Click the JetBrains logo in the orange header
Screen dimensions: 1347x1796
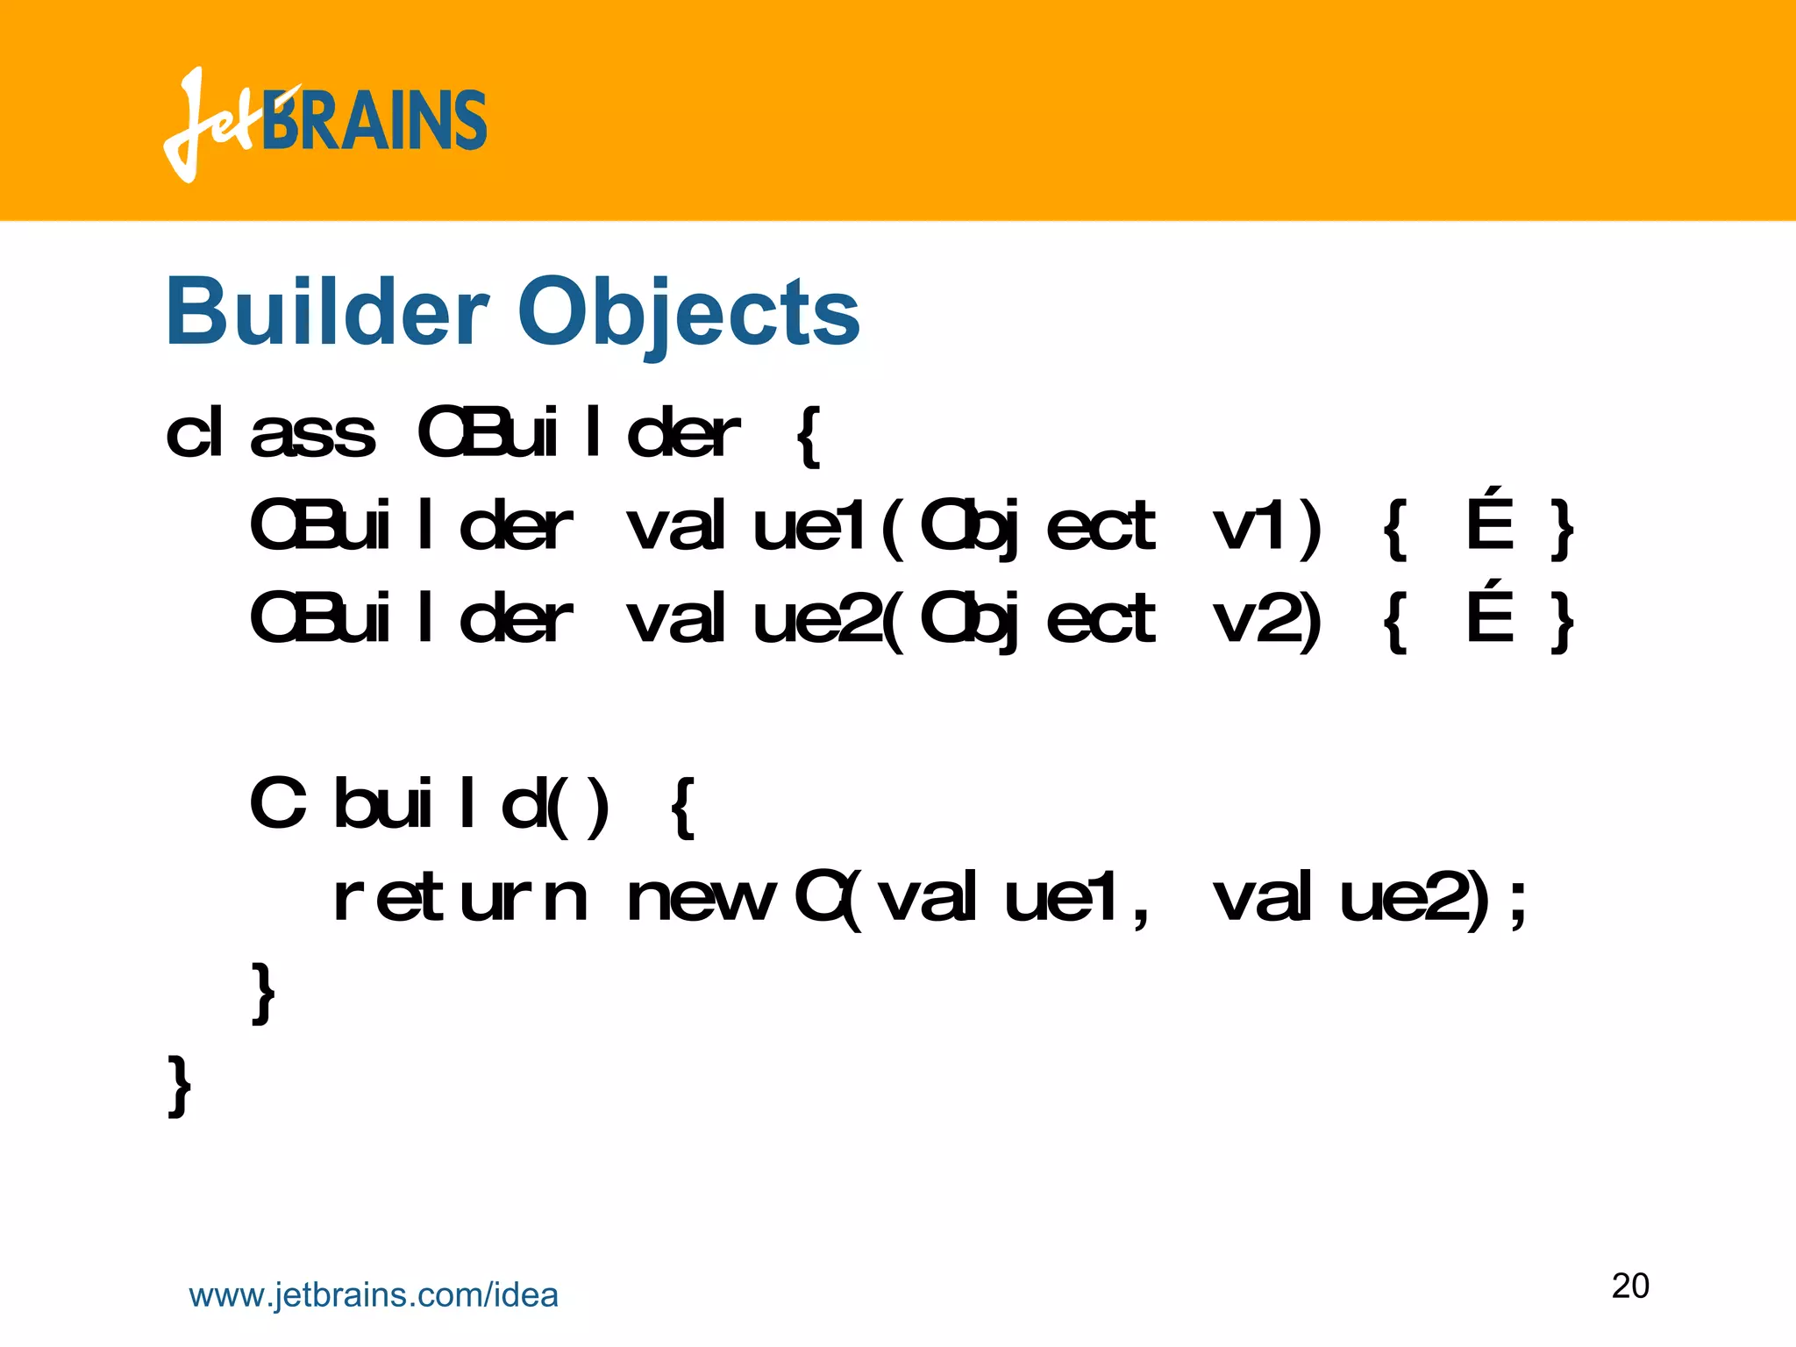[324, 123]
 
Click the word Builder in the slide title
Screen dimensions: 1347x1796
[326, 311]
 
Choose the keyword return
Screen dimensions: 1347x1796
[460, 899]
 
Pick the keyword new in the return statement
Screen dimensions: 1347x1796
[702, 899]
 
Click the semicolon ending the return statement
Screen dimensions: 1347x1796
[1517, 903]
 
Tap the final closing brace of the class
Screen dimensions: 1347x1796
[179, 1086]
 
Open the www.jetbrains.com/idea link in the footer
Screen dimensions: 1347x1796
[374, 1295]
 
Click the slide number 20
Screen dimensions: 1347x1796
[1630, 1286]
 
